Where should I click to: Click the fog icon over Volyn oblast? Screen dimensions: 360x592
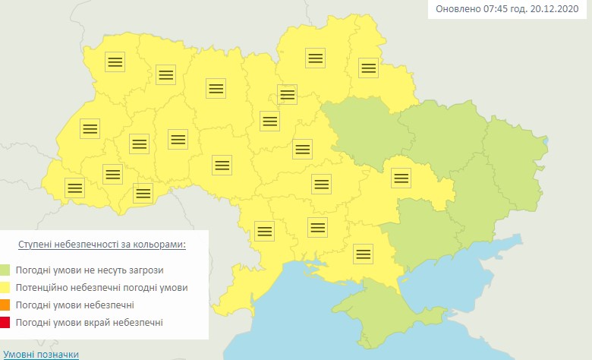pos(115,62)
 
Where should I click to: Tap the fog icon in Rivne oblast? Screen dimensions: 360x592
pos(165,74)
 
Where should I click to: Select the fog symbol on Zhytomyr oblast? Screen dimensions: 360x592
pos(216,87)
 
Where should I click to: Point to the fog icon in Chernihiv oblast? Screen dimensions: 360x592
pos(315,58)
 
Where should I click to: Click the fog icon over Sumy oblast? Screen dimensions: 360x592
pos(368,68)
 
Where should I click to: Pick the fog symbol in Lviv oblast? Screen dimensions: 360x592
pos(90,128)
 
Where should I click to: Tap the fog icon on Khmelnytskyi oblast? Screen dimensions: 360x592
pos(178,139)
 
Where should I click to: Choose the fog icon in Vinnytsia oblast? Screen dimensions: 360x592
pos(222,164)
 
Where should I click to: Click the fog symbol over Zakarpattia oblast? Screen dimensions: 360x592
pos(74,187)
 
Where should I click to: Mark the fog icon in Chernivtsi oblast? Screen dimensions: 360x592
pos(143,192)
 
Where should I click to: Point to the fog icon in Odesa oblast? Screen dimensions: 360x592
pos(264,229)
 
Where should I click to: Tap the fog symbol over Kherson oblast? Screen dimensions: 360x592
pos(364,254)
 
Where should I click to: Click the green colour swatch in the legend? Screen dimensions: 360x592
pos(6,270)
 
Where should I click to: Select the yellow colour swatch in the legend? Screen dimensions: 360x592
pos(6,288)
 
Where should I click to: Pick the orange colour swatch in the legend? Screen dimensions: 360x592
pos(6,305)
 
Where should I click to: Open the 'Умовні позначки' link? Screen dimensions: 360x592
pos(41,354)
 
